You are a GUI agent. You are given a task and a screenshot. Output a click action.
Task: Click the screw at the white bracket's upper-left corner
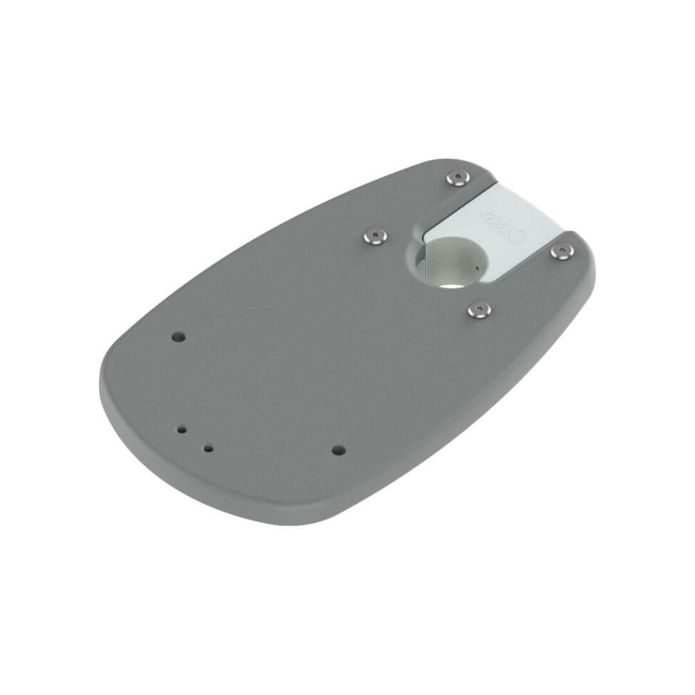458,177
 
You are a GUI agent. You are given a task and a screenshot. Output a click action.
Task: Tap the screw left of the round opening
374,236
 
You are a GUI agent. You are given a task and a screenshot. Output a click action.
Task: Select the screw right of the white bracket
562,250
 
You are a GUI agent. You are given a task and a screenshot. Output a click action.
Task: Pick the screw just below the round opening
480,309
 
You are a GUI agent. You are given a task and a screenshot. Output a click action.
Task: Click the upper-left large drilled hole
179,336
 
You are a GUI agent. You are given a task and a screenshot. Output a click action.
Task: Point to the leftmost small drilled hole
182,430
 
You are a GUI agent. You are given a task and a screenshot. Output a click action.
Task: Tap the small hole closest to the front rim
208,449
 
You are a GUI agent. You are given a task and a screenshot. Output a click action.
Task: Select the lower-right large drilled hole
339,451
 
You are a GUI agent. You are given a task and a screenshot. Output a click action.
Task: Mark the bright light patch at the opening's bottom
449,284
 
